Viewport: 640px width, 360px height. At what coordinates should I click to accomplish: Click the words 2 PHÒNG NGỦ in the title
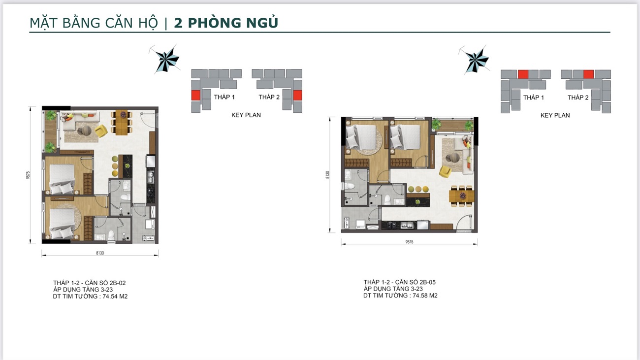coord(226,23)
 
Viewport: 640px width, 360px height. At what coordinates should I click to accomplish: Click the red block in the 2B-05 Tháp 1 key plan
coord(523,74)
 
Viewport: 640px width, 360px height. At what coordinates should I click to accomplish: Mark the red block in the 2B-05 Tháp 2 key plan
coord(588,74)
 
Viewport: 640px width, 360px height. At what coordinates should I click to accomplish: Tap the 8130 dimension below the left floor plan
coord(100,253)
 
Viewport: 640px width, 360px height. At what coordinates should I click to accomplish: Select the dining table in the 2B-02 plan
coord(121,121)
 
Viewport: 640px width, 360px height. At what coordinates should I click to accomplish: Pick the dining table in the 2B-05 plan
coord(462,196)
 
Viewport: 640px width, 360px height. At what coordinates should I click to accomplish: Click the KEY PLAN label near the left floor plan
coord(246,115)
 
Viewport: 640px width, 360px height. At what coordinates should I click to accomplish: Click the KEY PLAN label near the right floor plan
coord(555,116)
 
